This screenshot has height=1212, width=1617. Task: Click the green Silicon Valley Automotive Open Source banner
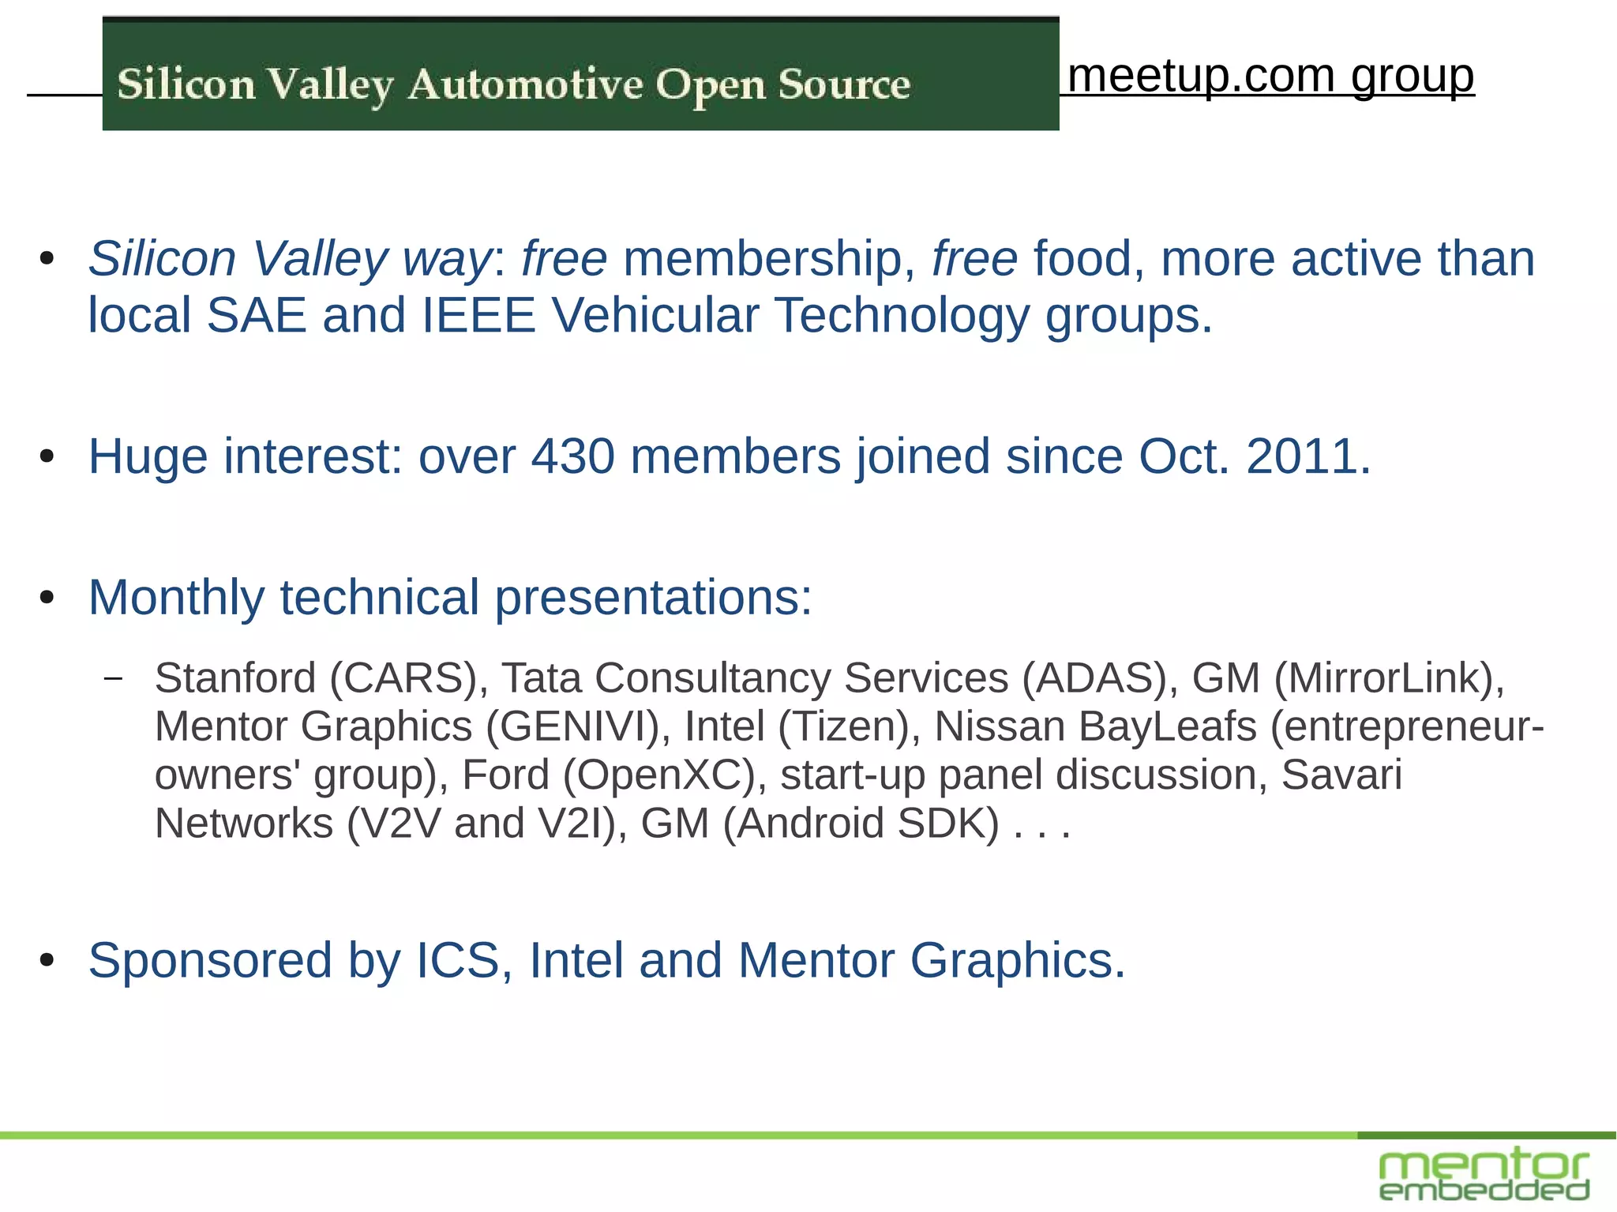[x=580, y=75]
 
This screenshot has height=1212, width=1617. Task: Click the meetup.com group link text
[x=1270, y=76]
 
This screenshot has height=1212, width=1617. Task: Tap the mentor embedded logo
[x=1484, y=1174]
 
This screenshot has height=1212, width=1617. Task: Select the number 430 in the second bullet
[x=572, y=456]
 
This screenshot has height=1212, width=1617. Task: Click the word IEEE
[x=478, y=315]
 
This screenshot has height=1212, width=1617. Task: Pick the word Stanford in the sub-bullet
[x=235, y=677]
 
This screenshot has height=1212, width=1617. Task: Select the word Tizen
[x=843, y=726]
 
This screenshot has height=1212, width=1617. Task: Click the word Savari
[x=1341, y=775]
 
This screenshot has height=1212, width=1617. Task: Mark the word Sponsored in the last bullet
[x=210, y=960]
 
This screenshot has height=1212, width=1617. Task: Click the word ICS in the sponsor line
[x=458, y=960]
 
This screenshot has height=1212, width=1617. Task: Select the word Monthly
[x=176, y=597]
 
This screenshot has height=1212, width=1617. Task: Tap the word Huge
[x=148, y=456]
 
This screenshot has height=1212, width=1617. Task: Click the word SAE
[x=256, y=315]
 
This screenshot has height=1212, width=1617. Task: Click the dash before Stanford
[x=114, y=677]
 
